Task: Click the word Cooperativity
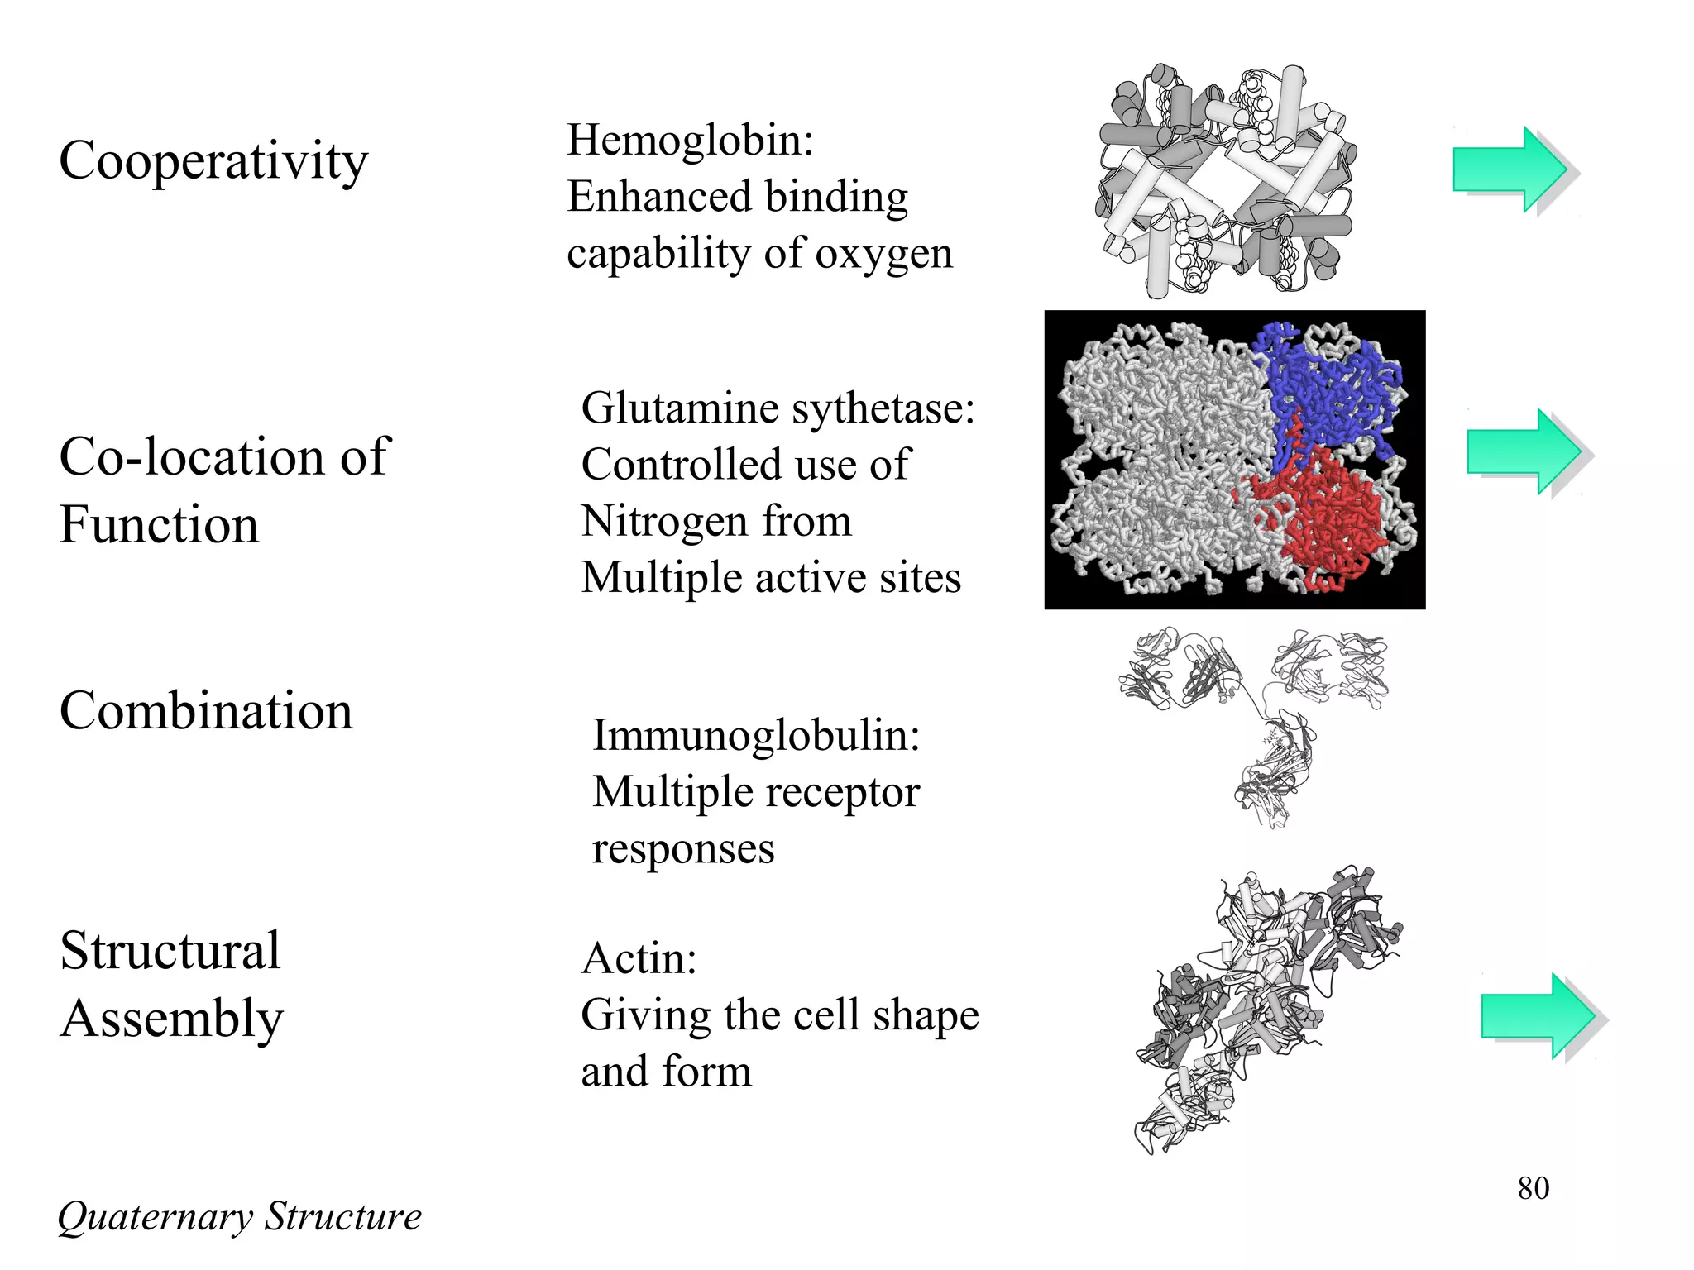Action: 213,161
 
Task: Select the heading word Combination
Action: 206,711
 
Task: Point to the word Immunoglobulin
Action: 755,735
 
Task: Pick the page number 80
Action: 1533,1188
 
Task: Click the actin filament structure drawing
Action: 1266,1009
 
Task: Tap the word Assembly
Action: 172,1019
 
